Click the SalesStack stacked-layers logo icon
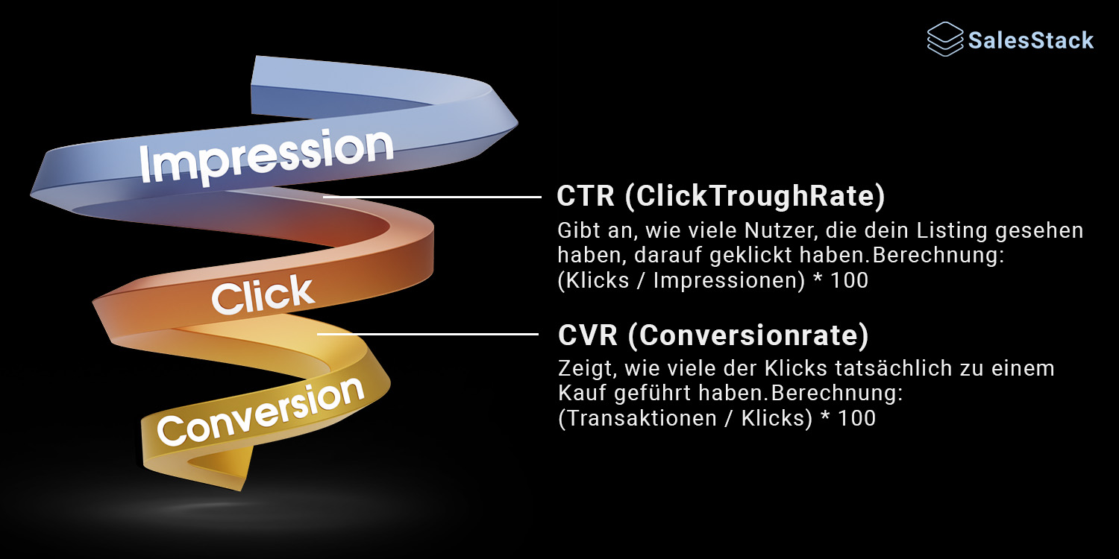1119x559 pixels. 945,40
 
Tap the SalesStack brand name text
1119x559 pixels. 1031,40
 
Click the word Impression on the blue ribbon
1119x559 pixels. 266,156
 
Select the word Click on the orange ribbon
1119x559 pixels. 263,295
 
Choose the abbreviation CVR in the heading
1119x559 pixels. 588,335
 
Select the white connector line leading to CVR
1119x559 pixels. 428,334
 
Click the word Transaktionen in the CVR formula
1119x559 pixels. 636,418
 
